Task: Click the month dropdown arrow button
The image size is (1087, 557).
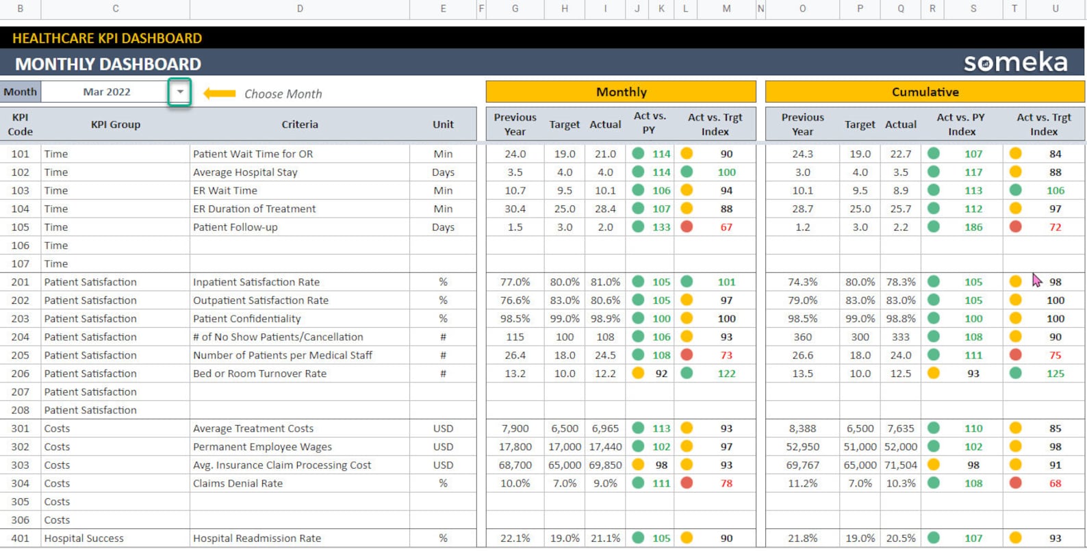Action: click(179, 92)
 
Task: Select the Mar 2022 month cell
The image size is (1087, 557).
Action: click(106, 92)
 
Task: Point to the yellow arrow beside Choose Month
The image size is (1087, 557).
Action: click(220, 93)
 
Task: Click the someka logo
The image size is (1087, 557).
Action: click(1015, 62)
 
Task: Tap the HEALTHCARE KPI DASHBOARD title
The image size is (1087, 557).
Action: click(107, 38)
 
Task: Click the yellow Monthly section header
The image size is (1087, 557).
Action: click(621, 92)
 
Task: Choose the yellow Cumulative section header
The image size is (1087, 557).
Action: click(925, 92)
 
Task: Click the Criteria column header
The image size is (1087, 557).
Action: click(300, 125)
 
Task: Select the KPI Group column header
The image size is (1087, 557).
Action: click(116, 125)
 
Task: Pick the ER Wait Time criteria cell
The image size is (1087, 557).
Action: click(225, 191)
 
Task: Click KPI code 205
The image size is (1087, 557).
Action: click(21, 355)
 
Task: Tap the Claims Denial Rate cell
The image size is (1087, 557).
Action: click(238, 483)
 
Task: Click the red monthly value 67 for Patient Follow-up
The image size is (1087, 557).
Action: click(726, 227)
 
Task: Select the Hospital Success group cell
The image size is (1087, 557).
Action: click(84, 539)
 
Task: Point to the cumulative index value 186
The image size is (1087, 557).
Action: click(973, 227)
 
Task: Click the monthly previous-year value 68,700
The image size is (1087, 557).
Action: click(515, 465)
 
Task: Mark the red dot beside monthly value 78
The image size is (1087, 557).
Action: click(687, 483)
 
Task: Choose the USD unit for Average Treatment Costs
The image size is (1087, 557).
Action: click(443, 428)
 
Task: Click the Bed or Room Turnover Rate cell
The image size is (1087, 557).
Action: click(259, 374)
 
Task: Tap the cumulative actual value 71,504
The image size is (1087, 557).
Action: click(901, 465)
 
